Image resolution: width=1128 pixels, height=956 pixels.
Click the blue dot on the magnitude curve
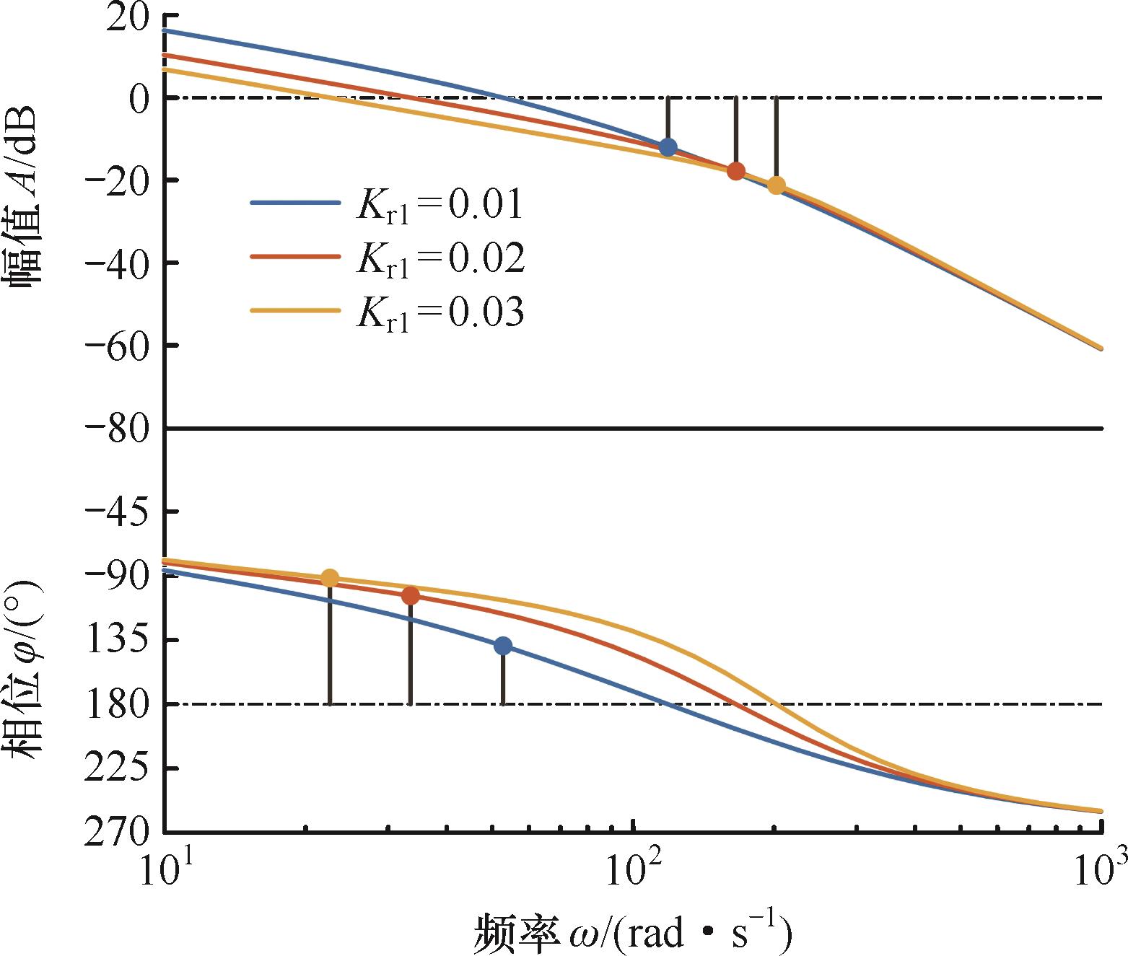tap(668, 146)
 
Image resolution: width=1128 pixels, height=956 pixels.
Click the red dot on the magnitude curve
tap(735, 171)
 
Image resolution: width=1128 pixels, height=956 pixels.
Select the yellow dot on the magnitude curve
tap(776, 185)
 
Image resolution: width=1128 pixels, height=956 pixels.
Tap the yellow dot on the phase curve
tap(330, 579)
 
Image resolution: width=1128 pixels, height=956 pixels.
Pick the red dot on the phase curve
tap(411, 596)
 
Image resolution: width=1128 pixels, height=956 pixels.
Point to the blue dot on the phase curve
tap(503, 646)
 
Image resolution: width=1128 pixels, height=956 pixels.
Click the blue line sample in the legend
tap(295, 203)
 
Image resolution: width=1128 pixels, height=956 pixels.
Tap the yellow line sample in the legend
tap(295, 310)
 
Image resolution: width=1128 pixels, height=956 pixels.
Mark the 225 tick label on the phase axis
tap(116, 768)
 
